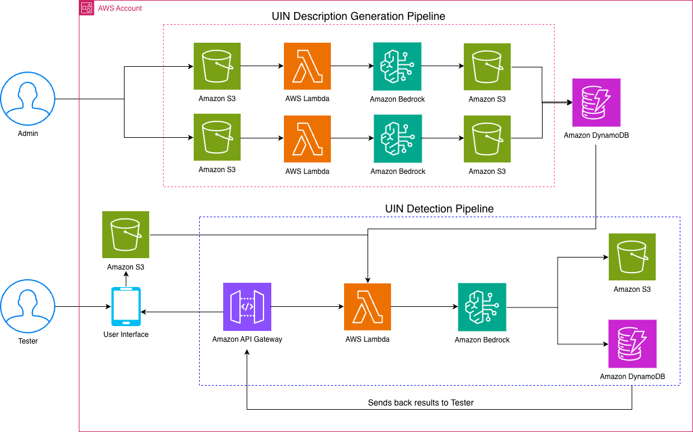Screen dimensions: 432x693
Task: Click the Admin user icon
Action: pyautogui.click(x=28, y=99)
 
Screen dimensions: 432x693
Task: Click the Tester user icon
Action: pyautogui.click(x=28, y=307)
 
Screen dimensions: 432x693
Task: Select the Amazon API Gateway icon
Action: pyautogui.click(x=247, y=307)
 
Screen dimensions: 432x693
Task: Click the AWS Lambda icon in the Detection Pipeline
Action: pyautogui.click(x=368, y=307)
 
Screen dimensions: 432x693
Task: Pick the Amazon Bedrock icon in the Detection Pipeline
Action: pyautogui.click(x=482, y=307)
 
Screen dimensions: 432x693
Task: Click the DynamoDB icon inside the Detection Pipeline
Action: pyautogui.click(x=632, y=344)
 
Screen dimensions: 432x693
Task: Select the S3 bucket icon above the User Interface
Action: pyautogui.click(x=126, y=235)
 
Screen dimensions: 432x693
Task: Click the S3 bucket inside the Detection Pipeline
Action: pyautogui.click(x=632, y=257)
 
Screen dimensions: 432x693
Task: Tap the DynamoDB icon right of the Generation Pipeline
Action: pyautogui.click(x=596, y=102)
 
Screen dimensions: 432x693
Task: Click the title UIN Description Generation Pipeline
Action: pyautogui.click(x=359, y=16)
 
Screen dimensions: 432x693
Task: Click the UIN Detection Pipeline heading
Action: pyautogui.click(x=439, y=209)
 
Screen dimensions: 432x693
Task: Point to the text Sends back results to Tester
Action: pyautogui.click(x=420, y=403)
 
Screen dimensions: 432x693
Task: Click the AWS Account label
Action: pyautogui.click(x=120, y=8)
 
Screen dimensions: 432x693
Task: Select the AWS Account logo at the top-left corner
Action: pyautogui.click(x=87, y=8)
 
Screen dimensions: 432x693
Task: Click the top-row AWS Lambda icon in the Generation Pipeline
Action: pyautogui.click(x=307, y=66)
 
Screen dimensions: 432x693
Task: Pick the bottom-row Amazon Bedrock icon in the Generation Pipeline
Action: pyautogui.click(x=398, y=138)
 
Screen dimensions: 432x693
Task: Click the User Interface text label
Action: pyautogui.click(x=126, y=335)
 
